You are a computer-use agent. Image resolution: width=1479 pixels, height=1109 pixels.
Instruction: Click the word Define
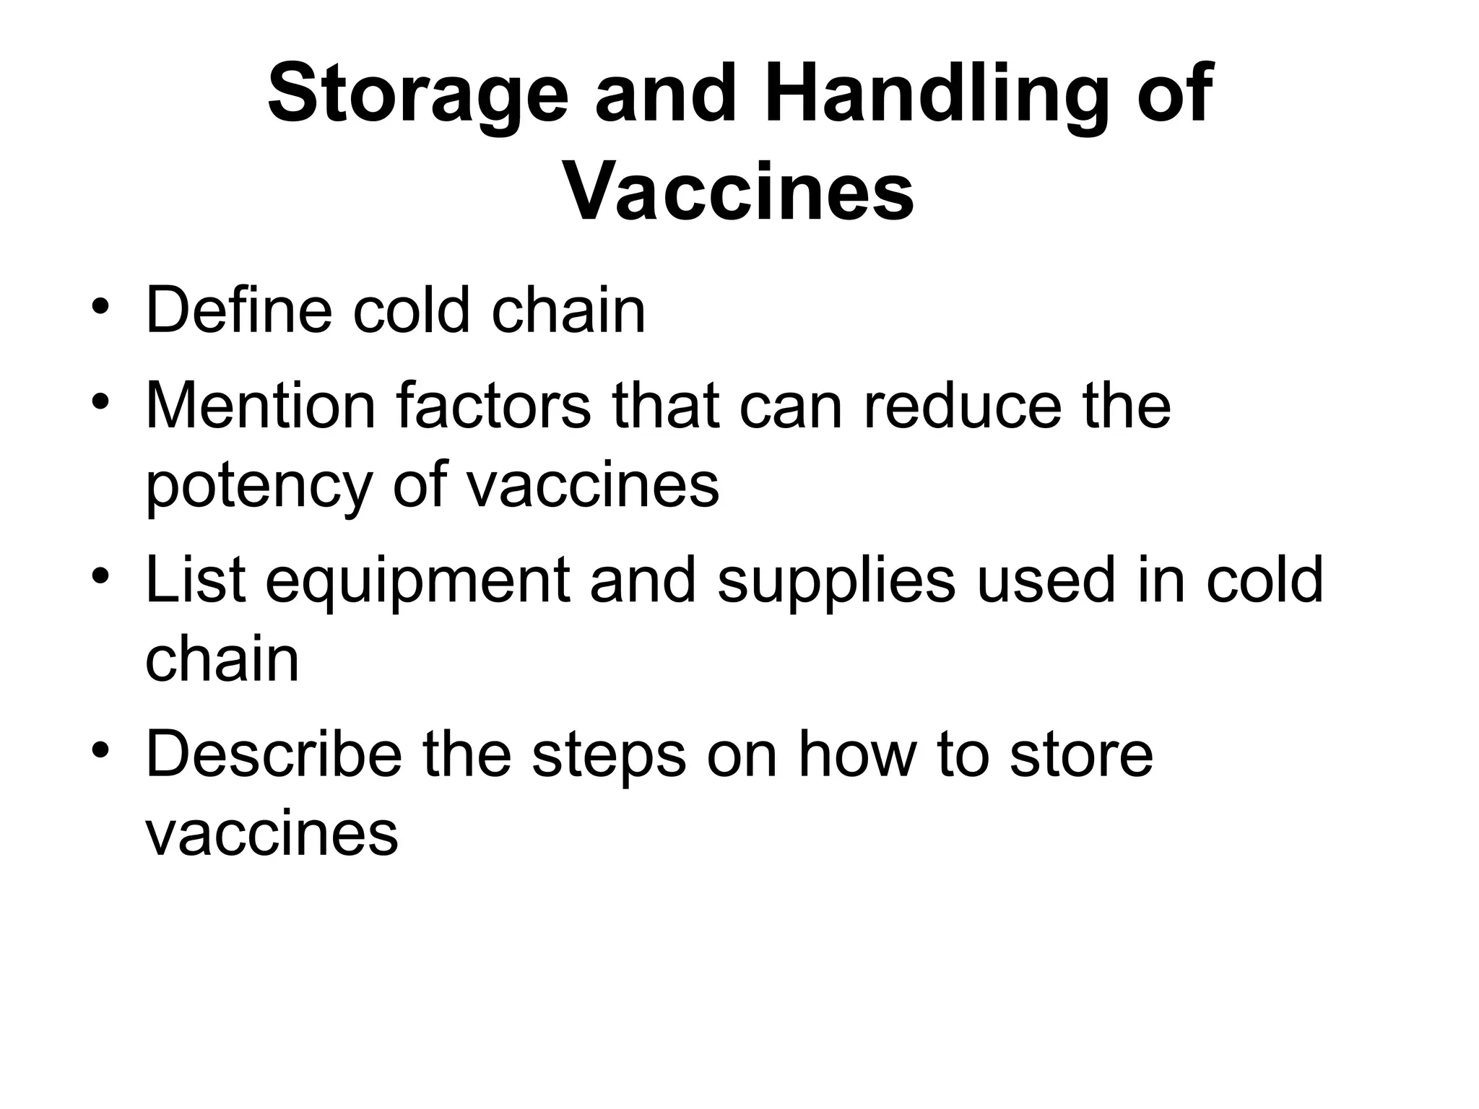tap(238, 310)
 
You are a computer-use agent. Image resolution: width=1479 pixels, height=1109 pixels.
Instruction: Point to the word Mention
tap(261, 406)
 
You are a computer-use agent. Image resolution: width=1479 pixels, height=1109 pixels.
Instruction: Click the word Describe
tap(274, 754)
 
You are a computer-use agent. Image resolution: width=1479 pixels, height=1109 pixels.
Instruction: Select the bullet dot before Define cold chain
tap(100, 308)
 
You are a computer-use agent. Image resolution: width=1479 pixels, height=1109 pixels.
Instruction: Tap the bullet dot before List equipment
tap(100, 577)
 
